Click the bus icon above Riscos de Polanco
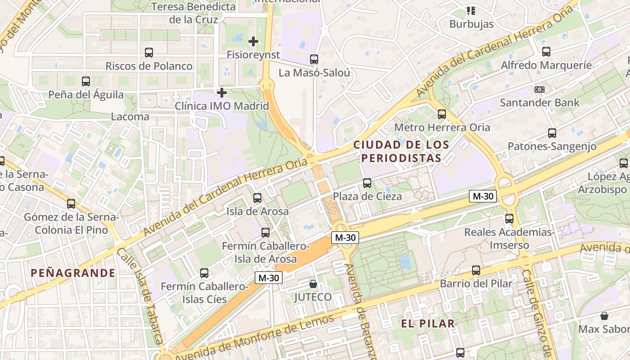149,53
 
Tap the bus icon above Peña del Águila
86,81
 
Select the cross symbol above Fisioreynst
253,41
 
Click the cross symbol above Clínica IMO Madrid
222,93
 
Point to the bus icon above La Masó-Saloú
314,59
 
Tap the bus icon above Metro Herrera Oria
442,114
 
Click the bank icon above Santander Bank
540,90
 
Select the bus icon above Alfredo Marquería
546,52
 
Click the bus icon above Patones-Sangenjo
552,133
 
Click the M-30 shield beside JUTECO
269,278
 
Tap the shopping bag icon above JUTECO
313,284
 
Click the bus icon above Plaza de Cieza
367,183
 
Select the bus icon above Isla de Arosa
257,198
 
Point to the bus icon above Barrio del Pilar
476,270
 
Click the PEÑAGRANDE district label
73,273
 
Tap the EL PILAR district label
427,323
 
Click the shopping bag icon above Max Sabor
604,316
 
